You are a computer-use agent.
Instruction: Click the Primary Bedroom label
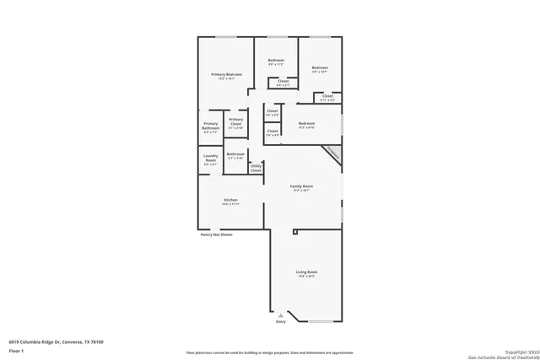[226, 76]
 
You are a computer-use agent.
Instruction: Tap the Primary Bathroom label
[210, 128]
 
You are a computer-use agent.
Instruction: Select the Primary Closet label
[236, 123]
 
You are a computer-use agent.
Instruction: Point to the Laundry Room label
[210, 159]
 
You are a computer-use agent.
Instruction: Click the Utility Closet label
[256, 168]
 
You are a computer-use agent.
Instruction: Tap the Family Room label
[302, 188]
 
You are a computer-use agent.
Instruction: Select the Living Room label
[306, 273]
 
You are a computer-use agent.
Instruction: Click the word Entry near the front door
[281, 321]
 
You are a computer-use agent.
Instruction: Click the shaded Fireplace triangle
[332, 154]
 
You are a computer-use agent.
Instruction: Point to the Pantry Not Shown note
[216, 235]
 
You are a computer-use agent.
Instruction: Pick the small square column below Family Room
[294, 230]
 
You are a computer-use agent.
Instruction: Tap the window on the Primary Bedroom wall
[225, 36]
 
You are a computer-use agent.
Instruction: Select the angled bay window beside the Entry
[320, 322]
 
